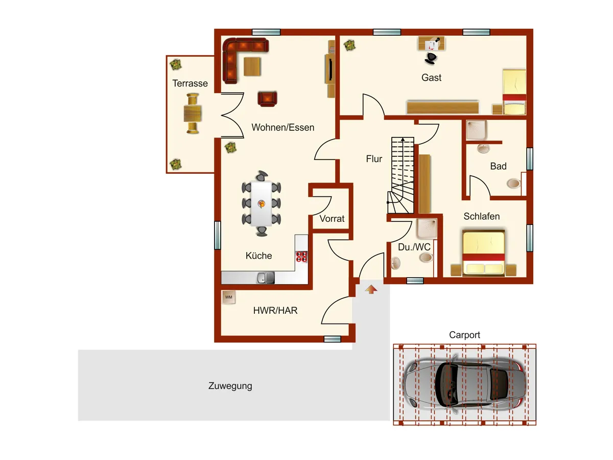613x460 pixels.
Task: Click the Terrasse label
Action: (x=190, y=83)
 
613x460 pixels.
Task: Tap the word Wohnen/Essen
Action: (x=282, y=127)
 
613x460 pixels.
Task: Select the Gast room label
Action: (x=431, y=77)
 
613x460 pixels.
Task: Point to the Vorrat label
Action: (x=332, y=218)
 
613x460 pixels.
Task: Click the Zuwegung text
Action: (x=230, y=386)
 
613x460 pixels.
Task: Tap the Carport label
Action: (x=464, y=335)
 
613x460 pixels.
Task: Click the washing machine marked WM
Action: (x=229, y=297)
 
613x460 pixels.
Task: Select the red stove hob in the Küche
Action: (x=301, y=257)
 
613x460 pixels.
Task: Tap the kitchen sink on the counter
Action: (x=265, y=278)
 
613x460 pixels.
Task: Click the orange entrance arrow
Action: (x=371, y=289)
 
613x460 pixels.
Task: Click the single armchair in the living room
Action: (x=268, y=99)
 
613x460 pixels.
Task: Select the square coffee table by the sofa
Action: (x=252, y=66)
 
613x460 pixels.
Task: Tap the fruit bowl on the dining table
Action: (x=262, y=203)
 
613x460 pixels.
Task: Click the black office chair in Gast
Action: (x=431, y=58)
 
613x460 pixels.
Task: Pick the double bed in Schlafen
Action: (x=483, y=253)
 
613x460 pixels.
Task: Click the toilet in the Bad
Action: (x=513, y=183)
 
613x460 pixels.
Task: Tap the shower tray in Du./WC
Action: (x=427, y=228)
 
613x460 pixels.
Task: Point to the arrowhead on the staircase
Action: (x=403, y=139)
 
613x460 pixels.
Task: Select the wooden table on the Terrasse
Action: (x=193, y=113)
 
